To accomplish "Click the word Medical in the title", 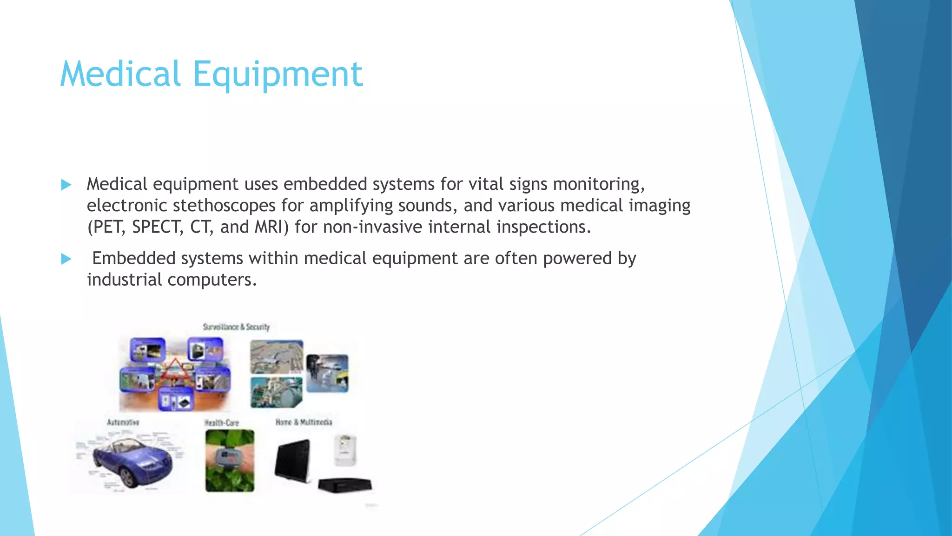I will coord(120,74).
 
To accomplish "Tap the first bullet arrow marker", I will coord(66,185).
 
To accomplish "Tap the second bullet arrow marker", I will coord(66,259).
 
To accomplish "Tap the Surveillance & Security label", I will coord(236,327).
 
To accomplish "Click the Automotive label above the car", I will coord(123,422).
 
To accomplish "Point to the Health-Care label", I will coord(222,422).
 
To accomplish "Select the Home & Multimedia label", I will coord(304,422).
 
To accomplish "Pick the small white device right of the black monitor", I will coord(345,449).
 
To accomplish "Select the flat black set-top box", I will coord(345,485).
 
